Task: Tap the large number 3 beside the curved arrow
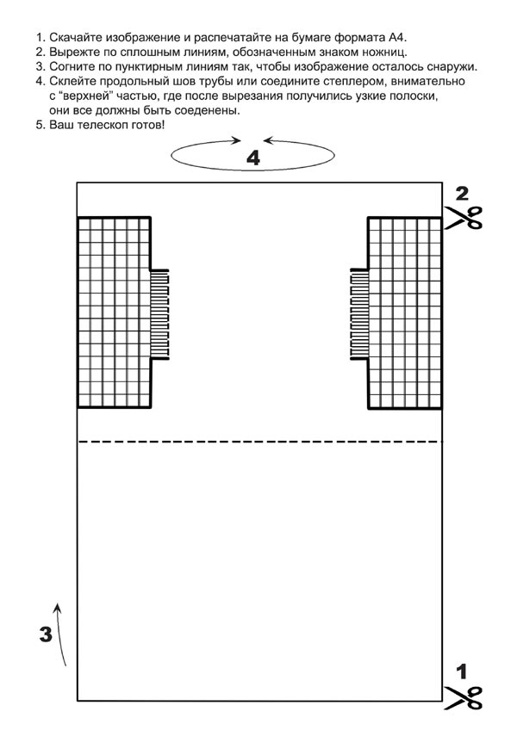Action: (47, 635)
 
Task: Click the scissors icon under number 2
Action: (463, 217)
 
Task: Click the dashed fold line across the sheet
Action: (258, 442)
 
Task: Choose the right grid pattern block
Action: (404, 312)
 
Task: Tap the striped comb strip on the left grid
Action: (160, 315)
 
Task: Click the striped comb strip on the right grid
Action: (358, 315)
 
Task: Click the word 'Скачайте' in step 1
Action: (77, 38)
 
